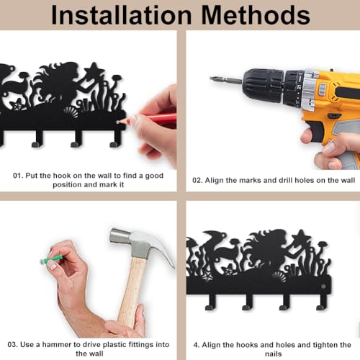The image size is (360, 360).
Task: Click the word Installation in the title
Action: tap(122, 15)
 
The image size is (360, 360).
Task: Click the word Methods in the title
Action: tap(256, 15)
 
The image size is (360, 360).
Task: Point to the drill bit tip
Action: tap(212, 78)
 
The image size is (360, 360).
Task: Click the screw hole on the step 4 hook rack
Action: tap(323, 287)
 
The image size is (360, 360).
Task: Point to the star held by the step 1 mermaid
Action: tap(94, 69)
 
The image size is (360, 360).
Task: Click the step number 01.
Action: tap(17, 176)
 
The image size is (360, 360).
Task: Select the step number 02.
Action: tap(197, 180)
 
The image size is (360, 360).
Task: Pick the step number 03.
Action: tap(13, 345)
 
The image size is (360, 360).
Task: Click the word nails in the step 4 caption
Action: tap(274, 354)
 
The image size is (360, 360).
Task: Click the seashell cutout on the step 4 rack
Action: tap(280, 277)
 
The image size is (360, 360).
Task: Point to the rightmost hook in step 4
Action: tap(323, 302)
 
